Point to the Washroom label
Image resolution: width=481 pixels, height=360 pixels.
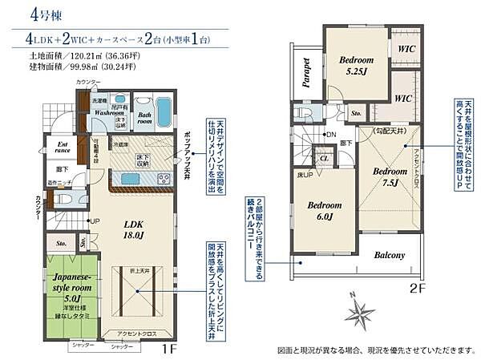pyautogui.click(x=107, y=113)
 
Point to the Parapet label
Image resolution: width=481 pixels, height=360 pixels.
pyautogui.click(x=307, y=71)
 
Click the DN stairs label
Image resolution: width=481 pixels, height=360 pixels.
pyautogui.click(x=331, y=136)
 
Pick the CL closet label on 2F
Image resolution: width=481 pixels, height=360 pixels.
pyautogui.click(x=324, y=159)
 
